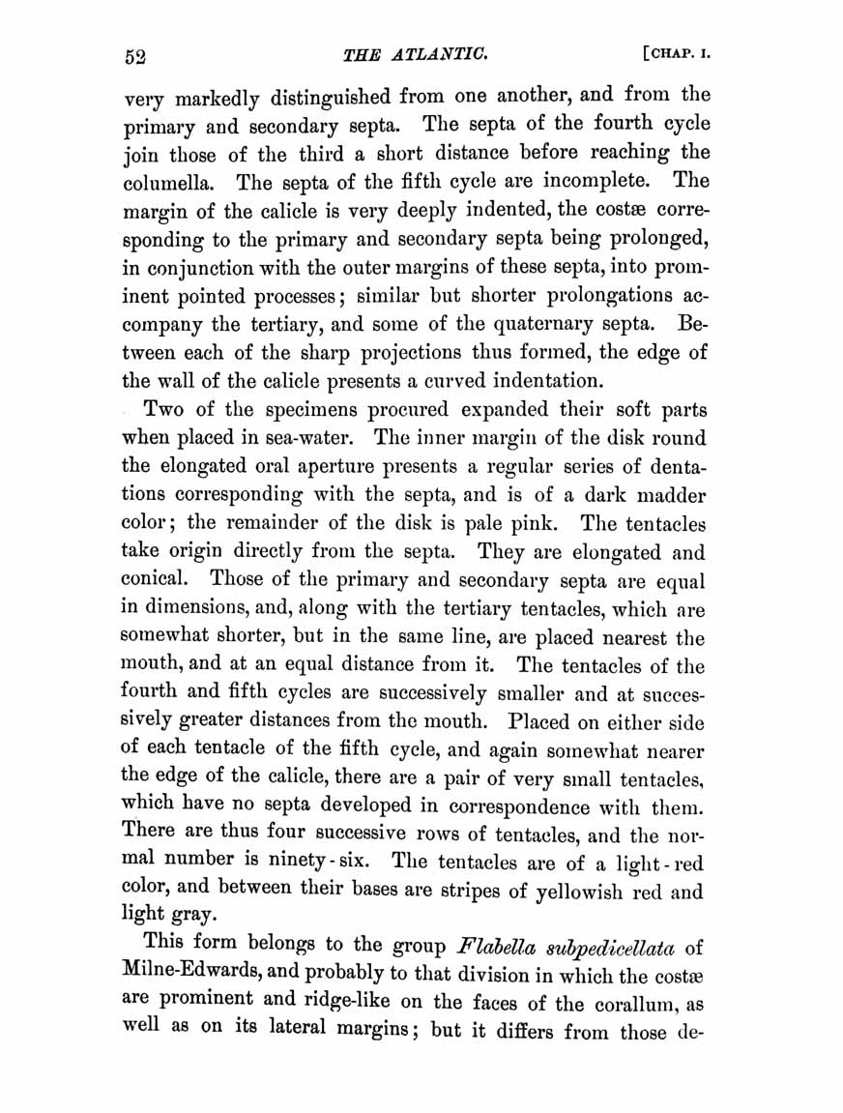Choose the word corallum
click(637, 1002)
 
